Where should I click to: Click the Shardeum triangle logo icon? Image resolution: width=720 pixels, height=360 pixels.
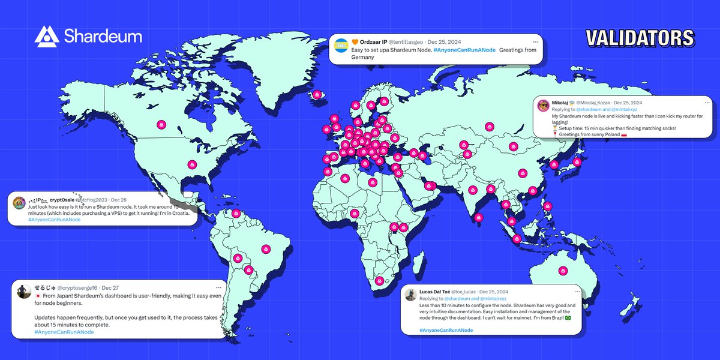[46, 37]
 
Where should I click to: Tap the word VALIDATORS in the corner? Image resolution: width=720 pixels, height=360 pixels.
[640, 38]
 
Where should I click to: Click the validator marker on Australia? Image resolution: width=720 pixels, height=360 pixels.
[562, 271]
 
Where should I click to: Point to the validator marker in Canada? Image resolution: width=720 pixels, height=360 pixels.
[161, 125]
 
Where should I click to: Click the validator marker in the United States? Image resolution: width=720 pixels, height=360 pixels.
[192, 164]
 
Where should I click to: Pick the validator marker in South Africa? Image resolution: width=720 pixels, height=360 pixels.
[379, 280]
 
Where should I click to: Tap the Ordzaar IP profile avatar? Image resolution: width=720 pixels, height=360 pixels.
[341, 44]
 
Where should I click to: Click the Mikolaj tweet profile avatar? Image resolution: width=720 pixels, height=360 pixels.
[544, 105]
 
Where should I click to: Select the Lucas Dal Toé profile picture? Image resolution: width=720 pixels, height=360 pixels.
[410, 294]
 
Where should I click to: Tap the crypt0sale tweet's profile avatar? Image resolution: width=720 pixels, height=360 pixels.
[19, 202]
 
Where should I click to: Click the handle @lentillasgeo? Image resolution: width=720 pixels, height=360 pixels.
[408, 42]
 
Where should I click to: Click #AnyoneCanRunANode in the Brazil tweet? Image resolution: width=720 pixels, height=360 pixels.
[446, 330]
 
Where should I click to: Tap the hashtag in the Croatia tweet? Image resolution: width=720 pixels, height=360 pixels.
[54, 220]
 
